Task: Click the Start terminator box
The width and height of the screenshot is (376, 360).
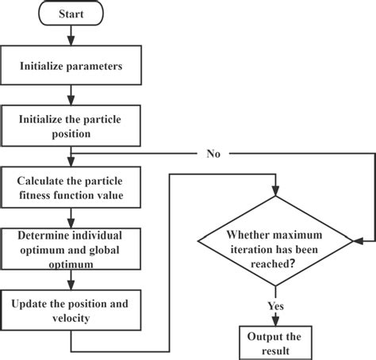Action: [72, 15]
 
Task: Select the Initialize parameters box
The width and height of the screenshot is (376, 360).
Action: [72, 67]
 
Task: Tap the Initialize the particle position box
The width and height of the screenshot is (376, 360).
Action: [72, 124]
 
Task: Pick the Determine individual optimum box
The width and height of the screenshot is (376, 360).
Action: [72, 246]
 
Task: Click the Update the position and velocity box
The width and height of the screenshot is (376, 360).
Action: [72, 308]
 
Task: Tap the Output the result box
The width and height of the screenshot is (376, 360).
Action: [274, 342]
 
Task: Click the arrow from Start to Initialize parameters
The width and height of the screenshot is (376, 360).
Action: [72, 37]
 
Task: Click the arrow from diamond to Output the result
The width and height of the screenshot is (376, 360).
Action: [274, 315]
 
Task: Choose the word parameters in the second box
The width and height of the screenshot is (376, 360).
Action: [94, 67]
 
